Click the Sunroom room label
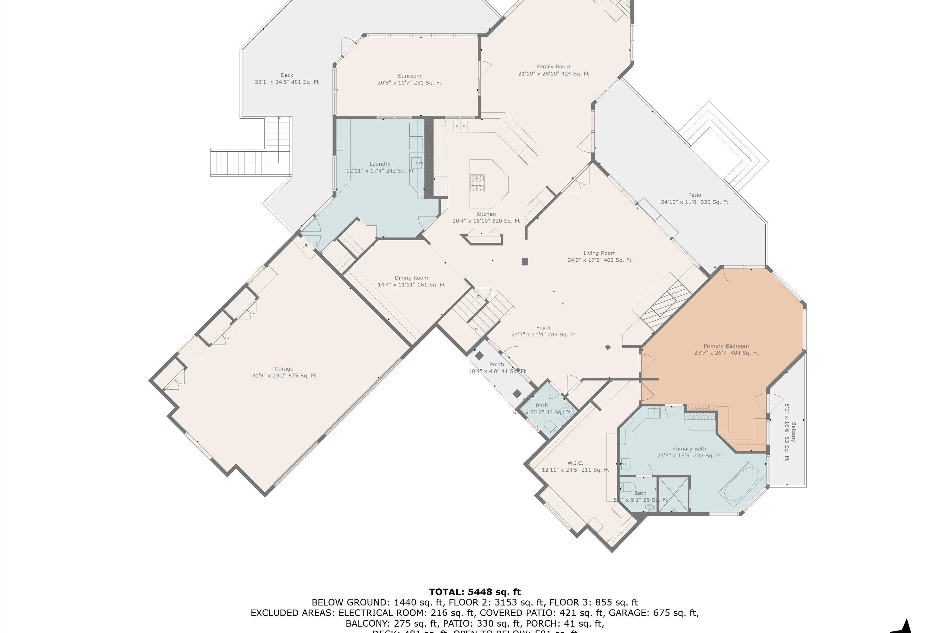click(409, 76)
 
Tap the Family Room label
click(553, 66)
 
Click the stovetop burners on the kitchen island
click(477, 183)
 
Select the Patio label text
click(694, 195)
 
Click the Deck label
click(287, 75)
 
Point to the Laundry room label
click(380, 164)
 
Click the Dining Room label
click(411, 278)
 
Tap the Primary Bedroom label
click(726, 346)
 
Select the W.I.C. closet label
click(575, 463)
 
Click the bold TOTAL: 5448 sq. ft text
click(475, 592)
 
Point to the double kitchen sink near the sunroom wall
click(460, 126)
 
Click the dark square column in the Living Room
click(525, 262)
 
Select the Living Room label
click(599, 253)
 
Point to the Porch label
click(497, 365)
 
